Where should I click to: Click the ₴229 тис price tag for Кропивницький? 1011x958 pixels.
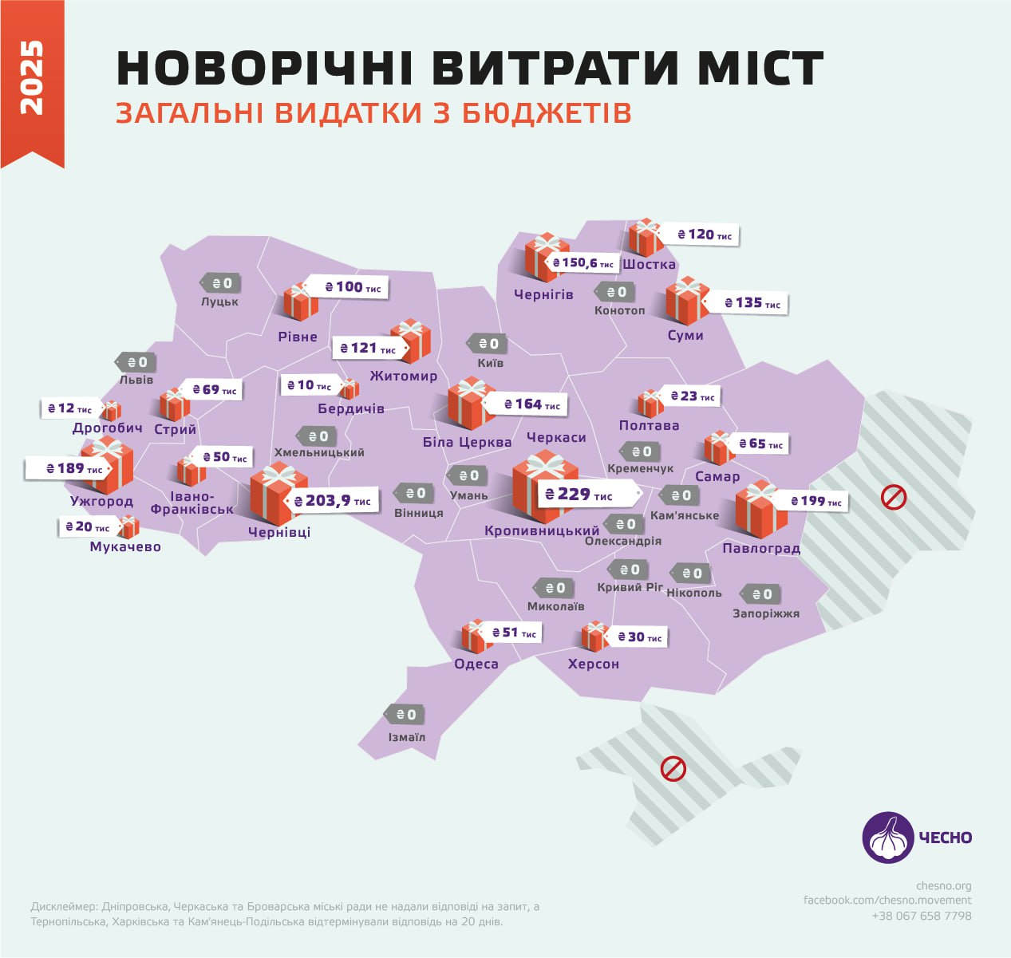pos(587,495)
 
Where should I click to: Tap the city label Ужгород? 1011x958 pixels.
pos(101,502)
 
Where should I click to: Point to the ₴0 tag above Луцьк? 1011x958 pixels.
pos(220,283)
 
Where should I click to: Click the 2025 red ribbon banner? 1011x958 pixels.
pos(32,80)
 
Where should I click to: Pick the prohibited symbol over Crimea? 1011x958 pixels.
pos(673,769)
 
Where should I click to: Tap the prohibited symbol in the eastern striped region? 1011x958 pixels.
pos(893,498)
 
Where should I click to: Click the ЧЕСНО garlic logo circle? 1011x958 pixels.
pos(887,838)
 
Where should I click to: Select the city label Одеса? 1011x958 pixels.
pos(476,664)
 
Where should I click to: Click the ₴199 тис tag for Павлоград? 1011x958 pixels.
pos(816,501)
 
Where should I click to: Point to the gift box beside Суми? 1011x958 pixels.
pos(687,301)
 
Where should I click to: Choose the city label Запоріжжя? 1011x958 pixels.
pos(766,613)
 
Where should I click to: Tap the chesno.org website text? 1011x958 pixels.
pos(943,885)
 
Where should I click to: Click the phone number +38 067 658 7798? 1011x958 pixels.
pos(922,916)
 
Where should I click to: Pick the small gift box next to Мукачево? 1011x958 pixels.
pos(128,526)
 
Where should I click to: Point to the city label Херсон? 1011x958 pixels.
pos(593,664)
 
